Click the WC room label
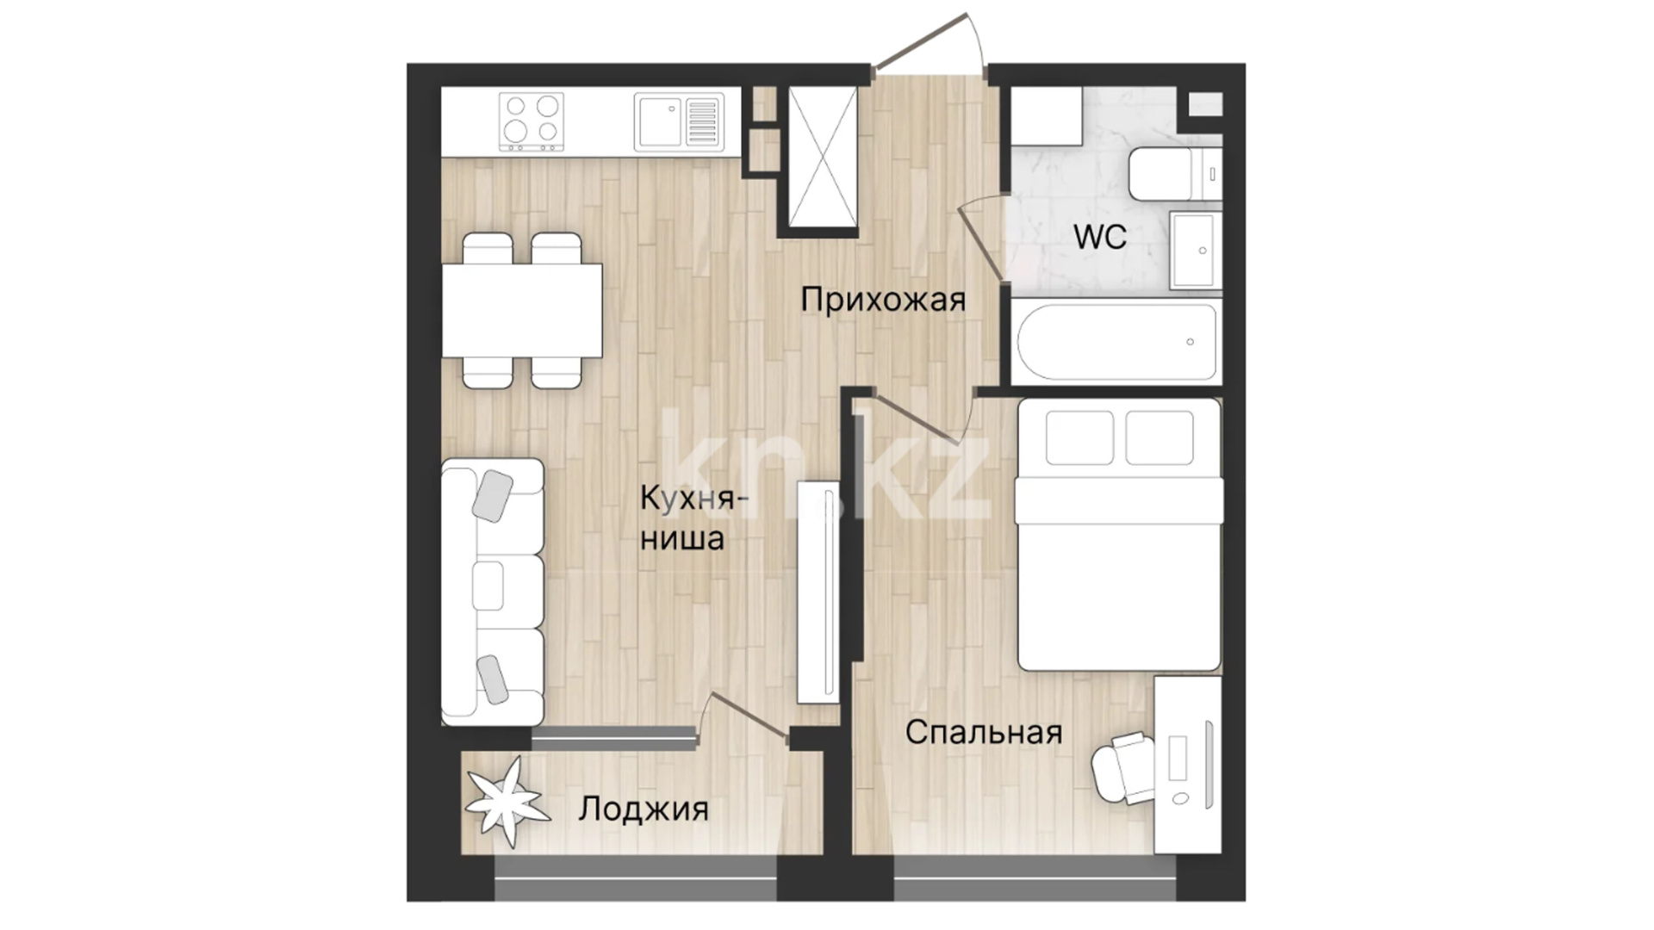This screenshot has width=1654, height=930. pos(1100,237)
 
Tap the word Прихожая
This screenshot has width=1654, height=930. pos(883,300)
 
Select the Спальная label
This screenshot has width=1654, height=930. pos(983,732)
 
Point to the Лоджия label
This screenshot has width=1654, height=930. pos(644,809)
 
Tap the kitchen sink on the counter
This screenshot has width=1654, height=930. pos(679,121)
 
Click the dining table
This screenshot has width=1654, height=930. pos(522,310)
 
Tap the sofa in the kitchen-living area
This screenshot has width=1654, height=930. pos(492,592)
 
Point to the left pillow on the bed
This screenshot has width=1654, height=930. pos(1079,437)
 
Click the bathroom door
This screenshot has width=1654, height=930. pos(982,238)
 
